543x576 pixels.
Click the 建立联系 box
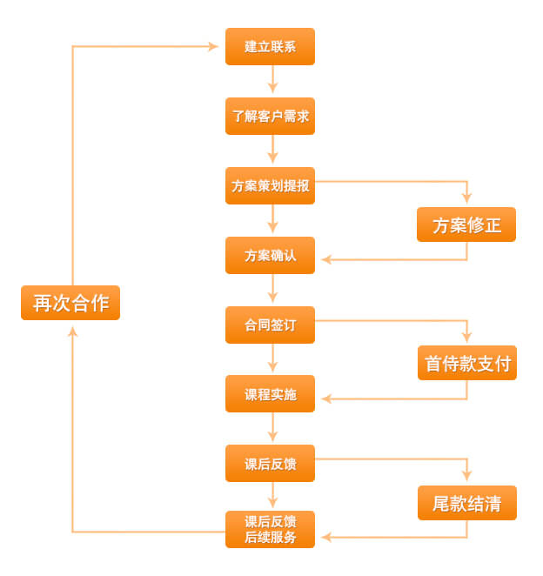click(x=270, y=46)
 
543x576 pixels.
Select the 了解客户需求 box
click(x=270, y=116)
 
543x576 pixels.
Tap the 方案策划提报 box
click(x=270, y=185)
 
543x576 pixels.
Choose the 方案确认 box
click(x=270, y=255)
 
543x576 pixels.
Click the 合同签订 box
click(x=270, y=325)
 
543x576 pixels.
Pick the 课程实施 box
click(x=270, y=394)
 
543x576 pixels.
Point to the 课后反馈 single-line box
click(x=270, y=464)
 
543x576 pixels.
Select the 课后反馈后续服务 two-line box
click(x=270, y=529)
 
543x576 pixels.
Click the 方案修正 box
click(x=466, y=224)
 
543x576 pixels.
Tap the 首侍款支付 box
click(x=466, y=363)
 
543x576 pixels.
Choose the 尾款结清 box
click(x=466, y=503)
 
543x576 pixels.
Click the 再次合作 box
click(x=70, y=302)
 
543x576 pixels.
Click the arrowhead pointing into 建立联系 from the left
click(x=213, y=46)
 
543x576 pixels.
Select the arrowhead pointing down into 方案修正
click(x=466, y=198)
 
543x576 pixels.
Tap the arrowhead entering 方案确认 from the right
click(x=326, y=259)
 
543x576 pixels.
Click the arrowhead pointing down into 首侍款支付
click(x=466, y=337)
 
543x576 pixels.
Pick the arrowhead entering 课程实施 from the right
click(x=326, y=399)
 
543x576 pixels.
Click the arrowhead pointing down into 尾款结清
click(x=466, y=476)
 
